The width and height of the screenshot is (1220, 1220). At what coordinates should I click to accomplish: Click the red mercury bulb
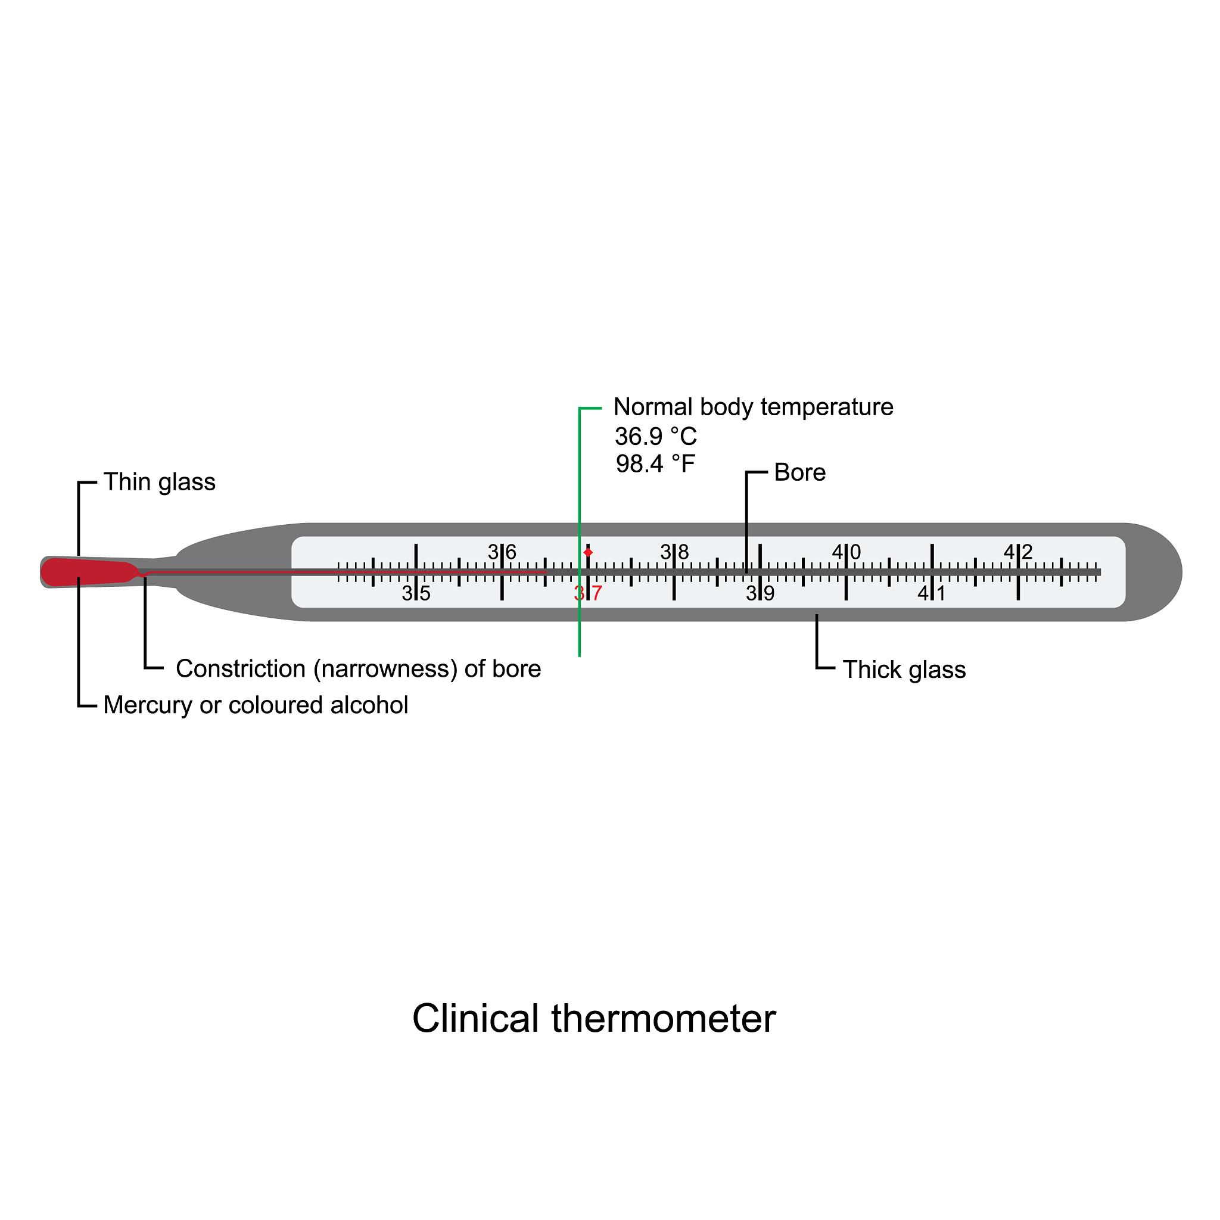click(x=88, y=572)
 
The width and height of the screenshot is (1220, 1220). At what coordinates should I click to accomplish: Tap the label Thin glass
click(x=159, y=483)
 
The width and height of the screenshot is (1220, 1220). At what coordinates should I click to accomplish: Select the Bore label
click(x=799, y=473)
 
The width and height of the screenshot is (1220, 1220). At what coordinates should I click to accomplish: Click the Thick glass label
click(x=904, y=670)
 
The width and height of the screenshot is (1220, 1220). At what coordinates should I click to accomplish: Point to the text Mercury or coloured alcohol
click(x=255, y=705)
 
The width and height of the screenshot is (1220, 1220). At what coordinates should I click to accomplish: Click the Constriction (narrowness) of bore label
click(x=358, y=670)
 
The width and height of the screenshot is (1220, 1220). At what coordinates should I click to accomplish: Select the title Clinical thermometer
click(x=593, y=1019)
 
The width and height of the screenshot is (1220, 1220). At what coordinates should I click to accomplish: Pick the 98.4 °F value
click(x=655, y=464)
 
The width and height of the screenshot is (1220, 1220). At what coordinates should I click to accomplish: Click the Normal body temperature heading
click(x=753, y=407)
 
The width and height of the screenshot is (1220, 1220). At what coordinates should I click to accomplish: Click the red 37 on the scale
click(x=588, y=593)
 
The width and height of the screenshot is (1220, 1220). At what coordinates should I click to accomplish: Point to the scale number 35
click(x=416, y=593)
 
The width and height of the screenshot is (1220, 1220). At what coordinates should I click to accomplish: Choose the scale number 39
click(x=760, y=593)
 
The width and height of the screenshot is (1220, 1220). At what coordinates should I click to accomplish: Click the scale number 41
click(x=932, y=593)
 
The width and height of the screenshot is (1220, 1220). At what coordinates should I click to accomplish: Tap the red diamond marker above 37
click(x=588, y=553)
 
